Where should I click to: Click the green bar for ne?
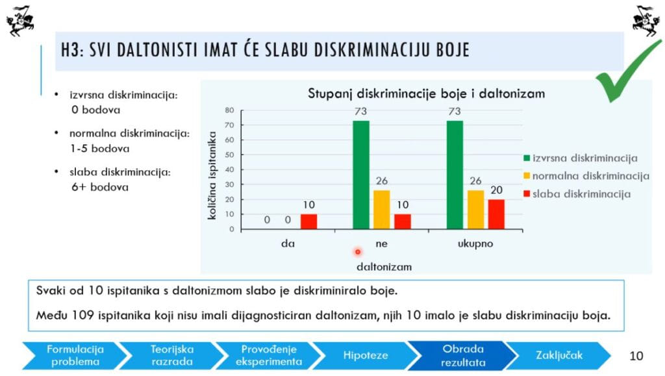[x=361, y=175]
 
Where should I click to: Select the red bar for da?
[x=308, y=221]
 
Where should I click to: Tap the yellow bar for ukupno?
[x=476, y=210]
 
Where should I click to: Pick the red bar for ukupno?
[x=496, y=214]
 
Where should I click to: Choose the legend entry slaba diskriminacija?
[x=576, y=194]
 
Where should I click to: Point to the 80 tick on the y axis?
[x=229, y=110]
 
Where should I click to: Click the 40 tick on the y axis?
[x=229, y=169]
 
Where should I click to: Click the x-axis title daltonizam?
[x=384, y=266]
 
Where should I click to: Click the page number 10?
[x=636, y=355]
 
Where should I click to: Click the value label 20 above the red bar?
[x=496, y=190]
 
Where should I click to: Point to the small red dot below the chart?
[x=357, y=251]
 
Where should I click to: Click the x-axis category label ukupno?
[x=476, y=244]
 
